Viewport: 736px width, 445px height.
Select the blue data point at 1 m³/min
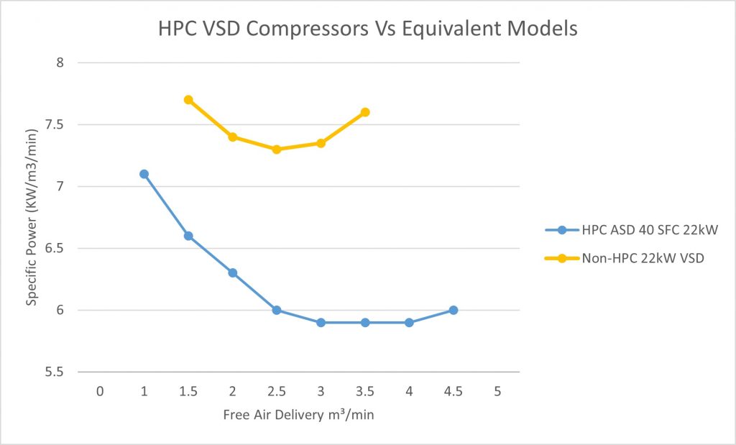[x=144, y=174]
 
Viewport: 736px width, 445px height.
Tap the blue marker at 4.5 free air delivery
[x=454, y=311]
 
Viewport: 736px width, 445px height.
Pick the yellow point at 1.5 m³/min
[x=188, y=100]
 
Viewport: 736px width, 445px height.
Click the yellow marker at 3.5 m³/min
[x=365, y=112]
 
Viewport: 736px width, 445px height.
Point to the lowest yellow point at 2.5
[x=277, y=150]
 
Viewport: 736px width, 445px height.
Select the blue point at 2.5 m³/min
[x=277, y=311]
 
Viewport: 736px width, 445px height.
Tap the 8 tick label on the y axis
[x=60, y=63]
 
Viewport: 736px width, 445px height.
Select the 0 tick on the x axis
[x=100, y=391]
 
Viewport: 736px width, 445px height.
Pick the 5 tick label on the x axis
[x=497, y=391]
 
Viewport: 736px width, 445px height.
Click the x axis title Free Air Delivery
[x=298, y=415]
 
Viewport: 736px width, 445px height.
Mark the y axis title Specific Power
[x=32, y=218]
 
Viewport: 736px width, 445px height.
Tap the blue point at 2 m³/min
[x=232, y=273]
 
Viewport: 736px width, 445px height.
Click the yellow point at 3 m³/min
[x=321, y=143]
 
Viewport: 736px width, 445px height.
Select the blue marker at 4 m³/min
[x=409, y=323]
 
